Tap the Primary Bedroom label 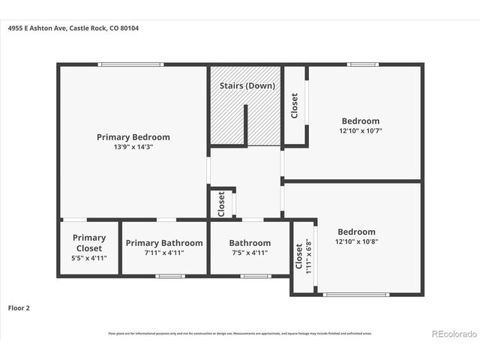[133, 137]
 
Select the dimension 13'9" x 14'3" [133, 147]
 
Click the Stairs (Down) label [247, 86]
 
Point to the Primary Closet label [89, 243]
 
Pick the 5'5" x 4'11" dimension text [89, 258]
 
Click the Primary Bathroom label [164, 243]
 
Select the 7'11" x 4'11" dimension [164, 253]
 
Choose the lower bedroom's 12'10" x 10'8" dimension [356, 242]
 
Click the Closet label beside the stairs [295, 106]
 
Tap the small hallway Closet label [221, 203]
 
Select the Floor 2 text [19, 307]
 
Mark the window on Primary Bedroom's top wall [132, 64]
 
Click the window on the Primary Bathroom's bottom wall [170, 276]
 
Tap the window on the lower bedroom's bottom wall [356, 294]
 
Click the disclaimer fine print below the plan [239, 333]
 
